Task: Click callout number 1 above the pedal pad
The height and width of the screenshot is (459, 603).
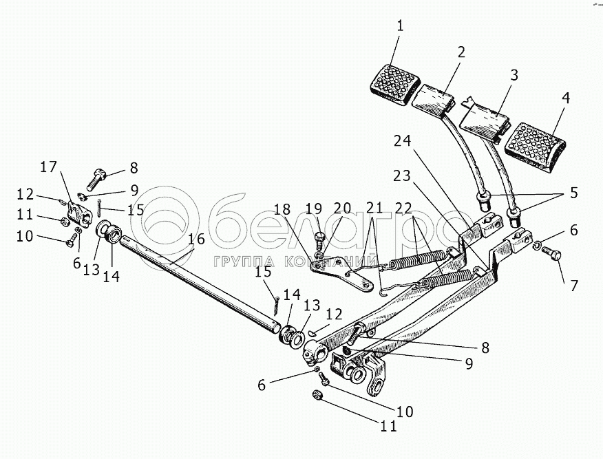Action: coord(400,27)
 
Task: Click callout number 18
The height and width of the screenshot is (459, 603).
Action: coord(281,209)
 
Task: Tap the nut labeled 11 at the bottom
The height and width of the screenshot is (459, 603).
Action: coord(318,394)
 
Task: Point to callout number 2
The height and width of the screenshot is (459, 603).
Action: coord(461,52)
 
